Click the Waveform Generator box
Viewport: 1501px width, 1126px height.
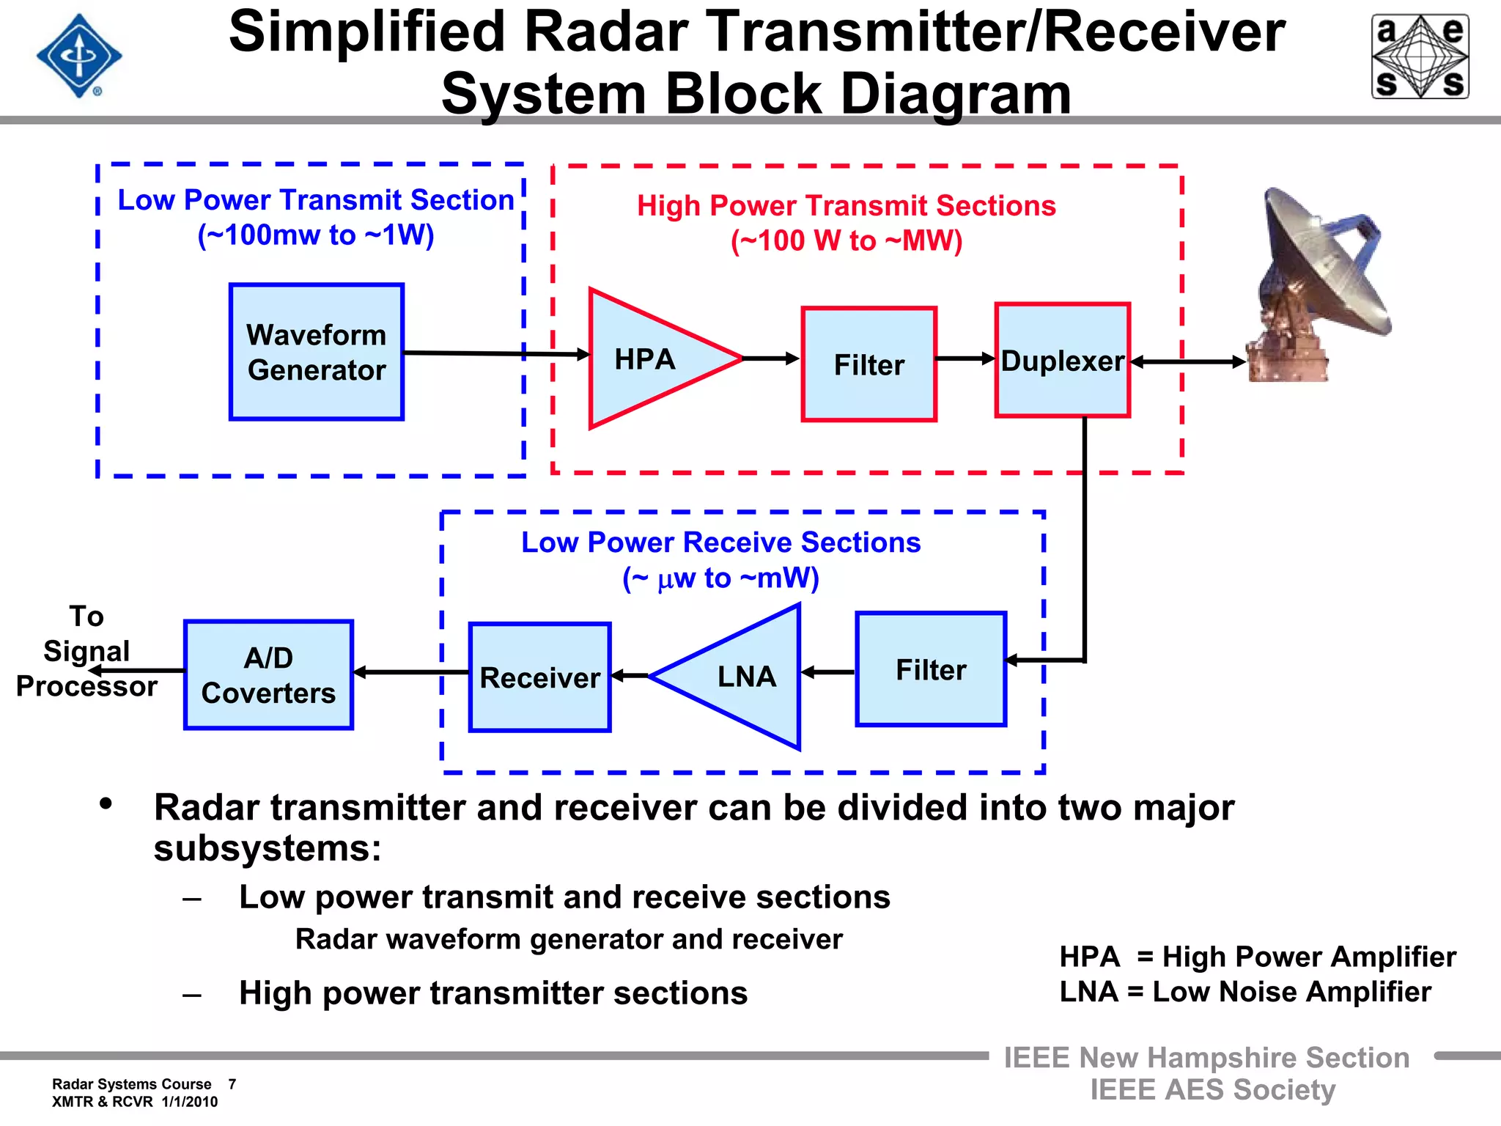pyautogui.click(x=317, y=352)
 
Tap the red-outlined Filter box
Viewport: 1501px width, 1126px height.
pyautogui.click(x=868, y=364)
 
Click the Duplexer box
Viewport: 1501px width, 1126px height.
pyautogui.click(x=1062, y=361)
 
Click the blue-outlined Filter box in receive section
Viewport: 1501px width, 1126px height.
pyautogui.click(x=931, y=669)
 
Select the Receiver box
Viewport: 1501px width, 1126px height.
pyautogui.click(x=540, y=677)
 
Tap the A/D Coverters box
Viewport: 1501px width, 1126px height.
pyautogui.click(x=268, y=675)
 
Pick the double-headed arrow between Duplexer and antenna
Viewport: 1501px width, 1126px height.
pyautogui.click(x=1187, y=361)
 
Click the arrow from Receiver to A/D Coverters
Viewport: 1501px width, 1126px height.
pyautogui.click(x=410, y=672)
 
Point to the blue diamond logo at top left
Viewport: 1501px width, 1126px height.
pyautogui.click(x=79, y=56)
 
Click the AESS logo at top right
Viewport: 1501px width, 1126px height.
pyautogui.click(x=1420, y=56)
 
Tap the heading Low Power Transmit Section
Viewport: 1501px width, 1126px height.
pyautogui.click(x=316, y=200)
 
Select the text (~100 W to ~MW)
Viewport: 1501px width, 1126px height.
pyautogui.click(x=847, y=240)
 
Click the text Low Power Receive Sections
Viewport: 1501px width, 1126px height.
pyautogui.click(x=720, y=542)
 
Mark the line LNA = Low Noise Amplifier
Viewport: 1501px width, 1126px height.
pyautogui.click(x=1244, y=992)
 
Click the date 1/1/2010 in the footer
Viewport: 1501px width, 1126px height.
pyautogui.click(x=190, y=1102)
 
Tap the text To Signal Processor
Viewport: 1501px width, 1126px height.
pyautogui.click(x=86, y=651)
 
